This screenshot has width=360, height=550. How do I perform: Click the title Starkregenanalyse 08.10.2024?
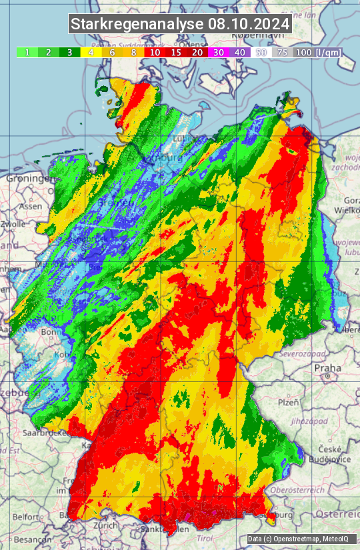point(180,25)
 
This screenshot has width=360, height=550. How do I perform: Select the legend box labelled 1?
point(27,52)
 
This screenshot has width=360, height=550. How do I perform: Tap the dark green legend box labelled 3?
point(69,52)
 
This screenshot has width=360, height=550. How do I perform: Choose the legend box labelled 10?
point(155,52)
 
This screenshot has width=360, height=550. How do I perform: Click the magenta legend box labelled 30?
point(219,52)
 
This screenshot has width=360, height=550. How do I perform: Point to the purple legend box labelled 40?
point(240,52)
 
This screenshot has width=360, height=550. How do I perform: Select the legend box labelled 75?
point(283,52)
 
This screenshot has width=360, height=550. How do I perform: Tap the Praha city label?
point(328,367)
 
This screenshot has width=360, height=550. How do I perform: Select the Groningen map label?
point(28,179)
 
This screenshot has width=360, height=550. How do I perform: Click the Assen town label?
point(30,207)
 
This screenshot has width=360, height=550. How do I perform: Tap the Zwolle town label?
point(13,225)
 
